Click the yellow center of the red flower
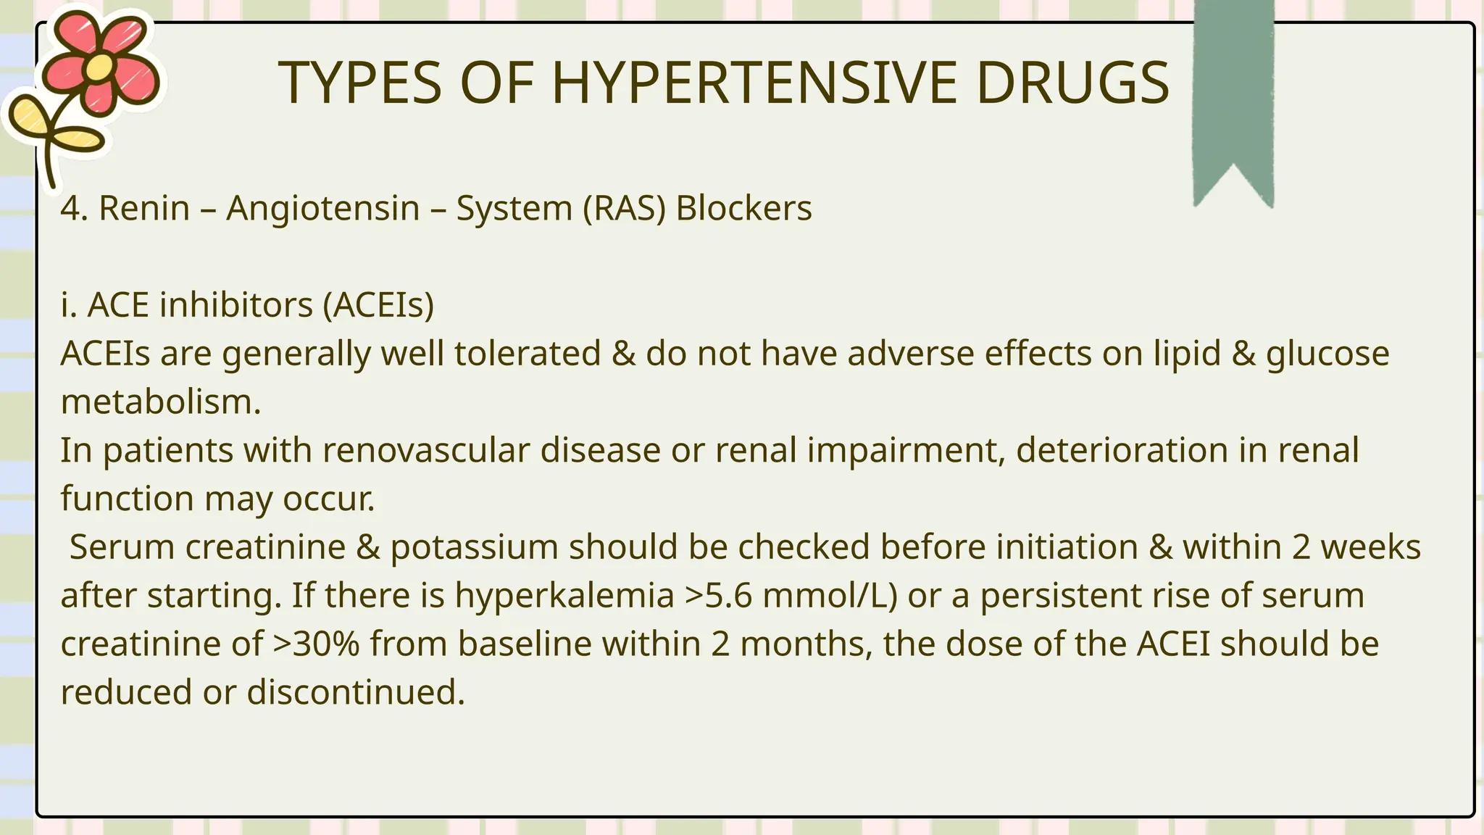(x=100, y=67)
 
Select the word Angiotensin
(x=323, y=209)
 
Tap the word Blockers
(x=743, y=209)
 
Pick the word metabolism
(x=160, y=402)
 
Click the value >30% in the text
(x=316, y=644)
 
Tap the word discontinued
(x=355, y=692)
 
